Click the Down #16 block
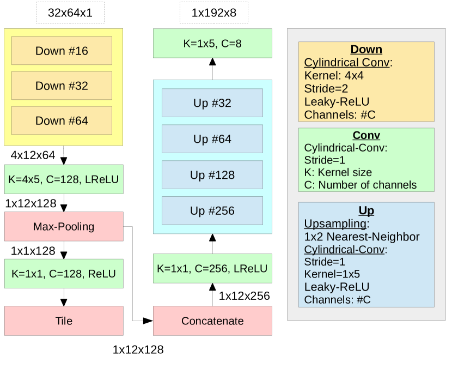62,51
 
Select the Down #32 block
62,86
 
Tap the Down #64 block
62,120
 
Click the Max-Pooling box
64,227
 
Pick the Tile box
64,321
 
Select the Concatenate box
212,321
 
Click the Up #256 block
212,210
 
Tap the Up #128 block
212,175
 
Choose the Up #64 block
212,139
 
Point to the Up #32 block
212,103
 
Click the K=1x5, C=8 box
212,43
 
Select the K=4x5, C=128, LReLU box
64,179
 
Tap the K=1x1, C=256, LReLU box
212,268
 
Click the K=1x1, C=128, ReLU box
64,274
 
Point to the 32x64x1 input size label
70,13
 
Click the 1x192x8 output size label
214,13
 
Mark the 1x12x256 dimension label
244,296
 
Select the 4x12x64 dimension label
33,155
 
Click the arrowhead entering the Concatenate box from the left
148,321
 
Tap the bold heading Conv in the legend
367,135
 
